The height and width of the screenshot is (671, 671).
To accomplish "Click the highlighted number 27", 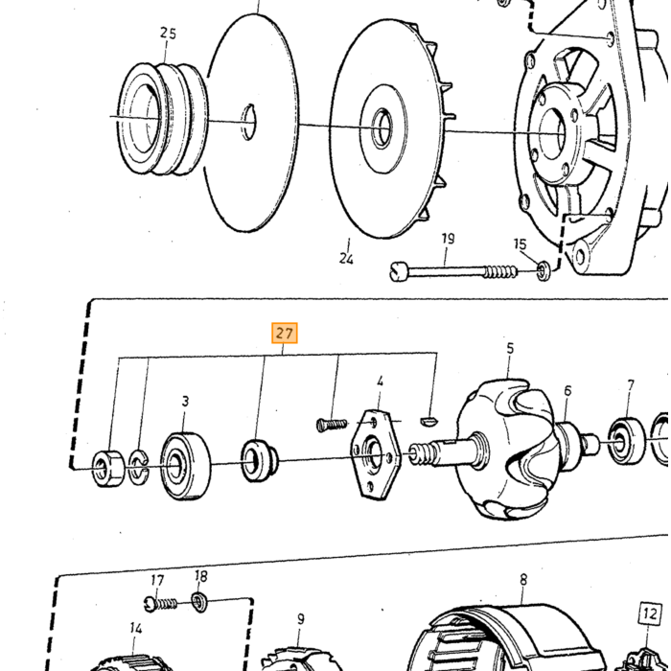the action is coord(285,333).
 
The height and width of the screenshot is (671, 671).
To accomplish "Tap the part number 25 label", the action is coord(168,34).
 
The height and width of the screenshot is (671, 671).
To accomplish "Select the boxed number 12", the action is coord(650,614).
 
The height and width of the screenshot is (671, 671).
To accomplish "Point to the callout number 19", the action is coord(448,239).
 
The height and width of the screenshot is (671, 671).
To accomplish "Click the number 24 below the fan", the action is coord(346,259).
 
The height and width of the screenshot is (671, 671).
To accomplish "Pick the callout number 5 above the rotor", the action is coord(510,348).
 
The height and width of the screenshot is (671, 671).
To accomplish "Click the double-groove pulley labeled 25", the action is coord(163,119).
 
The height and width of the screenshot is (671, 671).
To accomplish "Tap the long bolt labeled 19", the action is coord(453,271).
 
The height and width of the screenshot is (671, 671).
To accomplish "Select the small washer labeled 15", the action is coord(544,271).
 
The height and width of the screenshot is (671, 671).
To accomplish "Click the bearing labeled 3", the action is coord(185,466).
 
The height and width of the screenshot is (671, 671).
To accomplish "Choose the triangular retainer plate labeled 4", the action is coord(376,455).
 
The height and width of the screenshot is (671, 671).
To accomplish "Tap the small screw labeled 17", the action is coord(160,604).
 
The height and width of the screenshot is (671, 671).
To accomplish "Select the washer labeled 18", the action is coord(199,602).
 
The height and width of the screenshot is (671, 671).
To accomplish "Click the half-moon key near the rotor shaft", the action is coord(428,421).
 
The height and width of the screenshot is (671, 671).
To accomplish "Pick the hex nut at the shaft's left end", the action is coord(108,469).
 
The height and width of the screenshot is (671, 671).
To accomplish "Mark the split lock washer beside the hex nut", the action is coord(138,468).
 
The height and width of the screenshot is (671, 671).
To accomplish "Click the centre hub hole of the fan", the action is coord(382,128).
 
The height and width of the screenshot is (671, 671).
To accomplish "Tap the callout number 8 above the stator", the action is coord(523,580).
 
